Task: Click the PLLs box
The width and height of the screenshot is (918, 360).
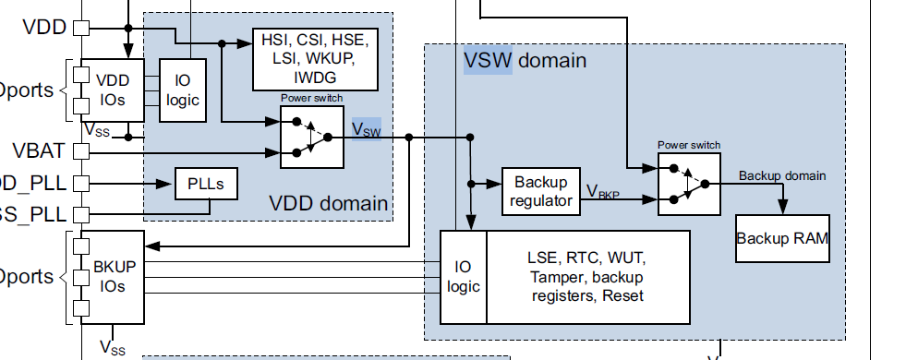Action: coord(206,183)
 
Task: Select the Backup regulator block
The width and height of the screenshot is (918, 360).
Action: coord(540,191)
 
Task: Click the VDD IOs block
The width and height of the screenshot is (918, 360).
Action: coord(113,90)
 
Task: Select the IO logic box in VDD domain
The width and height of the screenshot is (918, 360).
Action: coord(183,90)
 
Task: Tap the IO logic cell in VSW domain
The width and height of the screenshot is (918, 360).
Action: coord(463,277)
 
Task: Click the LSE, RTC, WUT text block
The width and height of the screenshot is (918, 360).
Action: coord(587,277)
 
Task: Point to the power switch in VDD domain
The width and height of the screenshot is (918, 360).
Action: coord(311,137)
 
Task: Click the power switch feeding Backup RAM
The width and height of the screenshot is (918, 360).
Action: coord(689,183)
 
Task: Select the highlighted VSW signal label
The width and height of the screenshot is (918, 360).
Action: coord(366,128)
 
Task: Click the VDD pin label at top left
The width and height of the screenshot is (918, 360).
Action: coord(43,27)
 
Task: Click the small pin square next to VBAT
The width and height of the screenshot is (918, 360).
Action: coord(80,150)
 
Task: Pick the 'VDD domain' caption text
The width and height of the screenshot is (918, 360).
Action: coord(328,203)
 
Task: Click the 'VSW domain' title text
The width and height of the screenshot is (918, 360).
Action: coord(524,61)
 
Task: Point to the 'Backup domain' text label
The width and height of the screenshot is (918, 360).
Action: coord(782,175)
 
